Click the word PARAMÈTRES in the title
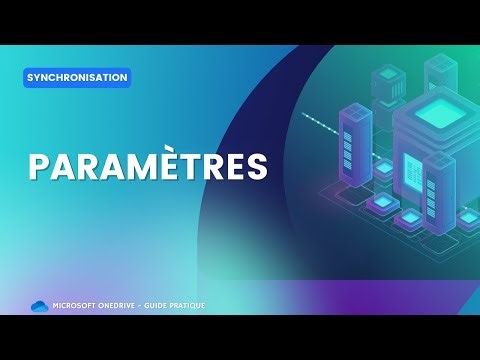148,167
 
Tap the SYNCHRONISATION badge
77,77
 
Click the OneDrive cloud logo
40,305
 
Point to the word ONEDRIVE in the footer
125,305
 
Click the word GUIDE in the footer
166,305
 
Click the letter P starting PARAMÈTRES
39,167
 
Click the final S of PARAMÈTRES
258,167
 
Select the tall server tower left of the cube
354,150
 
